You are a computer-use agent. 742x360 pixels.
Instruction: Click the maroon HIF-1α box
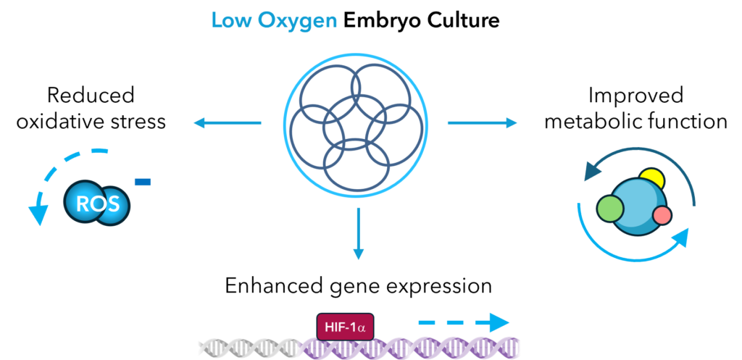click(344, 327)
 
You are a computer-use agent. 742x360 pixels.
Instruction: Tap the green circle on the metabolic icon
click(609, 209)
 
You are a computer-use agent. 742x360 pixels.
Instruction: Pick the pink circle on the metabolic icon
click(662, 216)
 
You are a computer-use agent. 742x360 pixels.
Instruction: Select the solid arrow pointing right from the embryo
click(482, 123)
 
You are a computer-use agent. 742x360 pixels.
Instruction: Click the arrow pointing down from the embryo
click(359, 233)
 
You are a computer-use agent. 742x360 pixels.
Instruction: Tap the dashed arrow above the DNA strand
click(464, 324)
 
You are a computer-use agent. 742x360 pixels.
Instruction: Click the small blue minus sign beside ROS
click(143, 182)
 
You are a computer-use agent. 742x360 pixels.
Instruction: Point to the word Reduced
click(91, 96)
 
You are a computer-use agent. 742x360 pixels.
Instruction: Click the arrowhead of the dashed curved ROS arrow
click(38, 215)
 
